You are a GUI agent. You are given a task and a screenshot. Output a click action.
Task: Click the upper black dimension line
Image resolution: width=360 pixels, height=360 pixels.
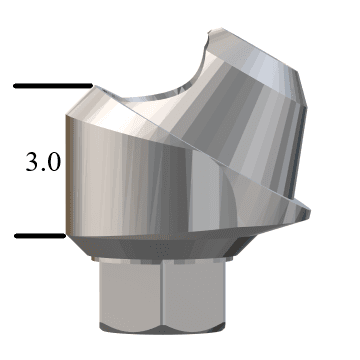(52, 86)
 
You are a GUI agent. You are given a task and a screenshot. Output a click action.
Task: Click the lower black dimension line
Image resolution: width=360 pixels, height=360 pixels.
(40, 236)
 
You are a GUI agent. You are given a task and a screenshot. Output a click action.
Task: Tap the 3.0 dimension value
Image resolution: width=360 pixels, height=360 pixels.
(43, 163)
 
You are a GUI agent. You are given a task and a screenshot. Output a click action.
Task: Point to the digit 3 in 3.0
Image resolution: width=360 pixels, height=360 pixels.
(32, 163)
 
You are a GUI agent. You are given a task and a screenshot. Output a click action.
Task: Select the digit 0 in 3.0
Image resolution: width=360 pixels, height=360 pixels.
(53, 163)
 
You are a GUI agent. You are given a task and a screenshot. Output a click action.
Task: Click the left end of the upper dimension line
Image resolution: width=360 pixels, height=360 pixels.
(15, 86)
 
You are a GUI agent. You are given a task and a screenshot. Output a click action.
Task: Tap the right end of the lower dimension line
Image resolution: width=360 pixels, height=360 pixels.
(65, 236)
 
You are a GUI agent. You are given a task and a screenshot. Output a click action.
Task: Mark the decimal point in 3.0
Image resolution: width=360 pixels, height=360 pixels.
(43, 170)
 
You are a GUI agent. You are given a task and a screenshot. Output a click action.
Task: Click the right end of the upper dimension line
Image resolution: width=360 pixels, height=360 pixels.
(91, 86)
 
